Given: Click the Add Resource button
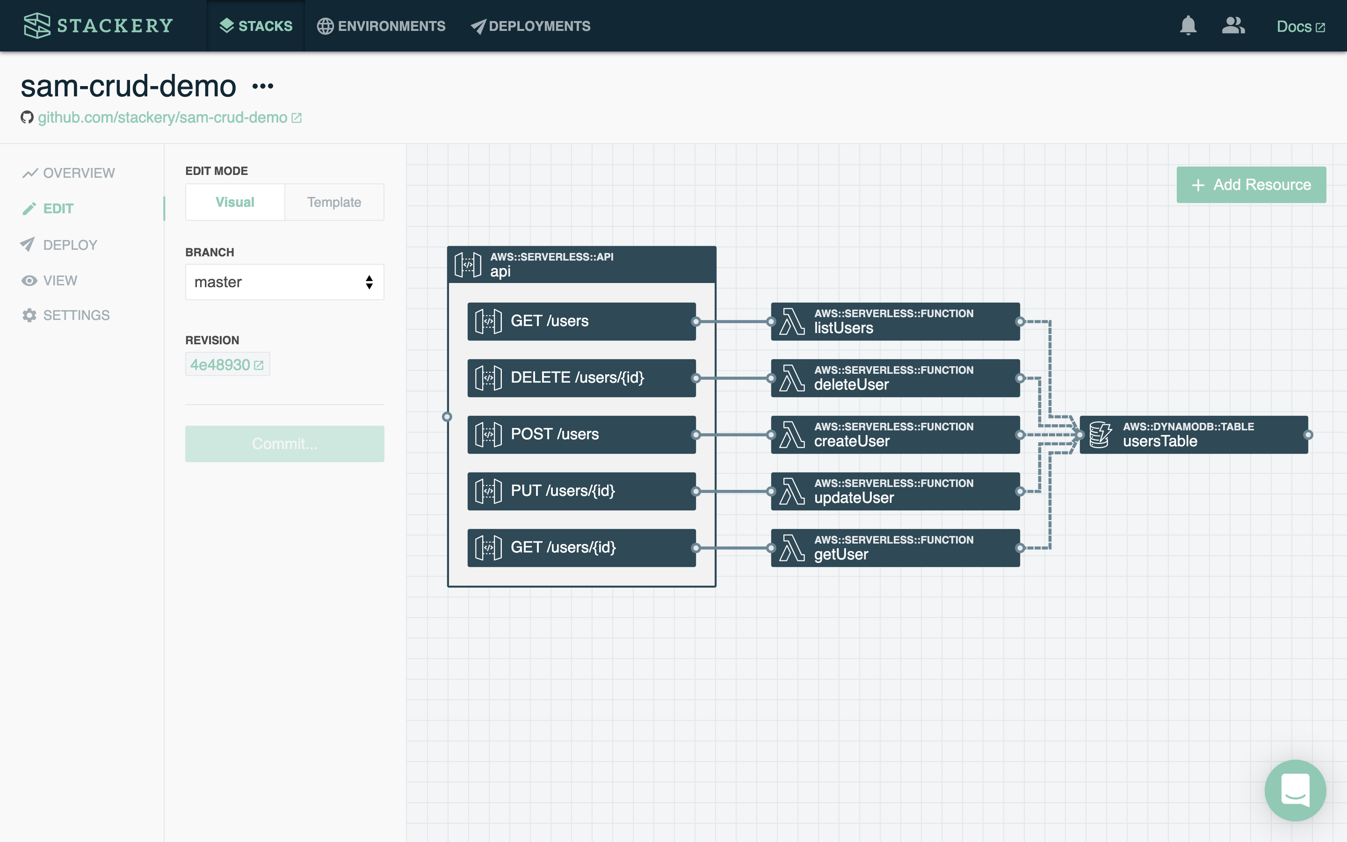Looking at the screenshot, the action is (x=1251, y=184).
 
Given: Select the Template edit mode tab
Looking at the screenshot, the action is (x=334, y=202).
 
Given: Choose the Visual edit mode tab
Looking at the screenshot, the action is (x=235, y=202).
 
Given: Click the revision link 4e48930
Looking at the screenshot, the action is (x=227, y=365).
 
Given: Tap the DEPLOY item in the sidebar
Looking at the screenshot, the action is (x=59, y=245).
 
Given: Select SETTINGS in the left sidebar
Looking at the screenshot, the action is (x=65, y=315).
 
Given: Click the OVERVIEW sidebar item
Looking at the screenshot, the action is (x=68, y=173).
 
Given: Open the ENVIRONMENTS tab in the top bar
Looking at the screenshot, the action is (x=381, y=26).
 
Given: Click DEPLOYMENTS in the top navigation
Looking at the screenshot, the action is (x=530, y=26).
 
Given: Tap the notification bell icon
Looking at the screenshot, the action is (x=1188, y=26).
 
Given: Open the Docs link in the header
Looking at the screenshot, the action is (x=1301, y=26).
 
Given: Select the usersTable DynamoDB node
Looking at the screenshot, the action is (x=1194, y=435).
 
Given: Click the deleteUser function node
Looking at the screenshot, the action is (x=895, y=378).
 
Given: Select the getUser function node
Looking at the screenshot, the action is (x=895, y=547).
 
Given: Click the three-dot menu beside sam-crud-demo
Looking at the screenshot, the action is (x=263, y=87).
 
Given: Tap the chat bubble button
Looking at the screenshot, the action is (x=1295, y=790).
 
